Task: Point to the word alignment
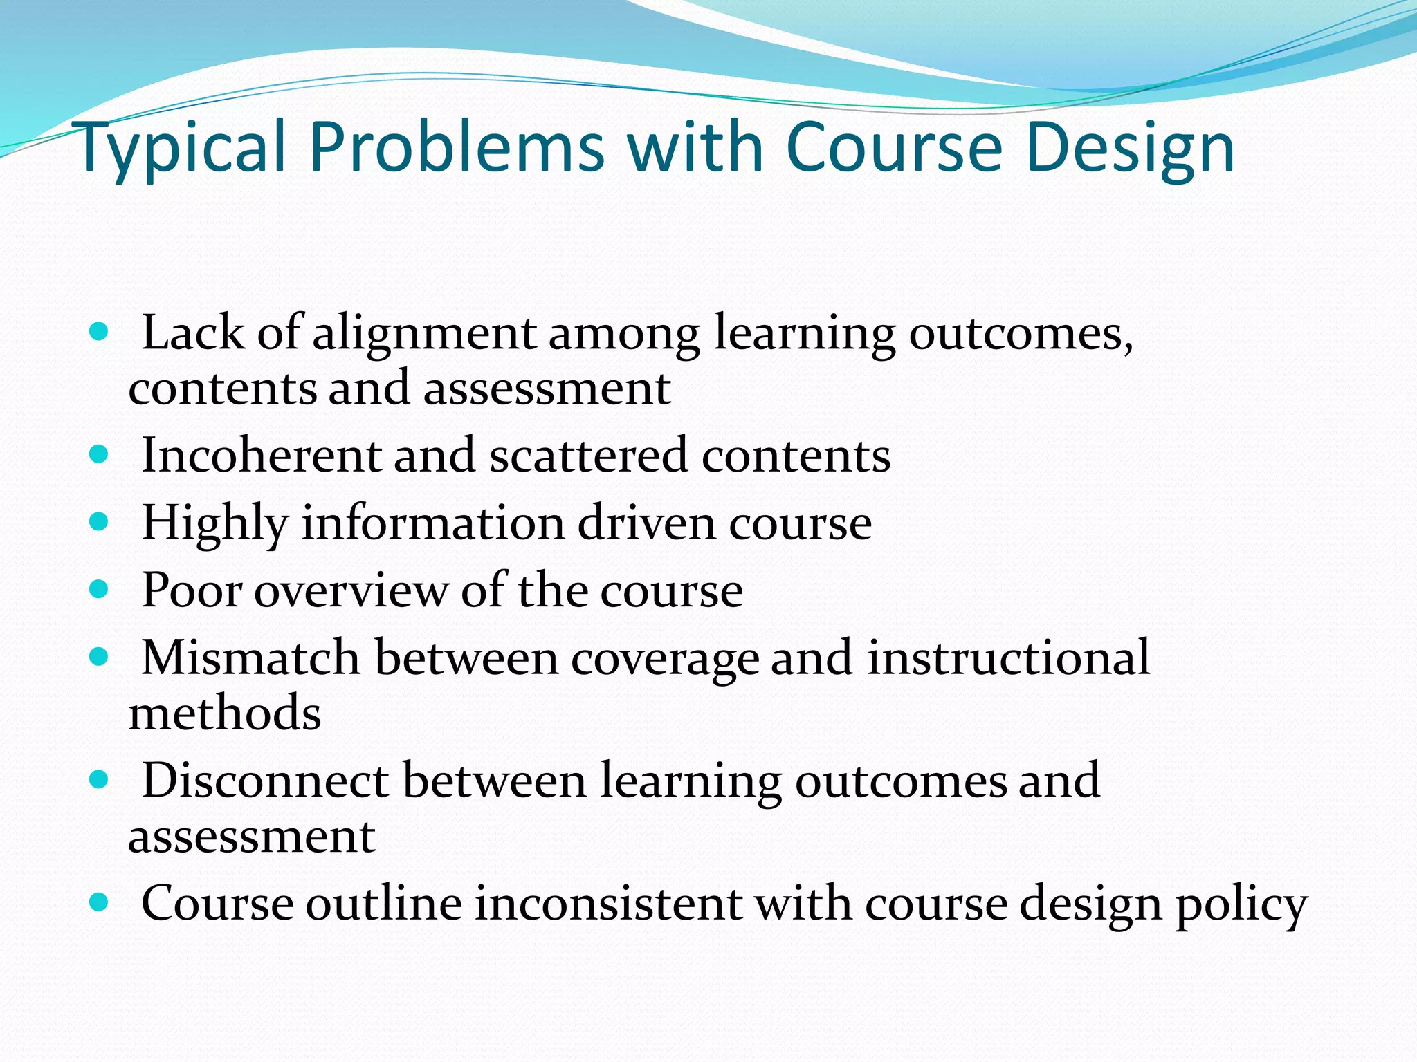click(424, 335)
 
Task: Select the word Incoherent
click(262, 456)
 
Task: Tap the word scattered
click(589, 456)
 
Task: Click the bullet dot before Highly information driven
click(100, 521)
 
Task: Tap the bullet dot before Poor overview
click(100, 589)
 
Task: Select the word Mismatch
click(250, 658)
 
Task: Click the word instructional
click(1009, 658)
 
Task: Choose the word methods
click(225, 714)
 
